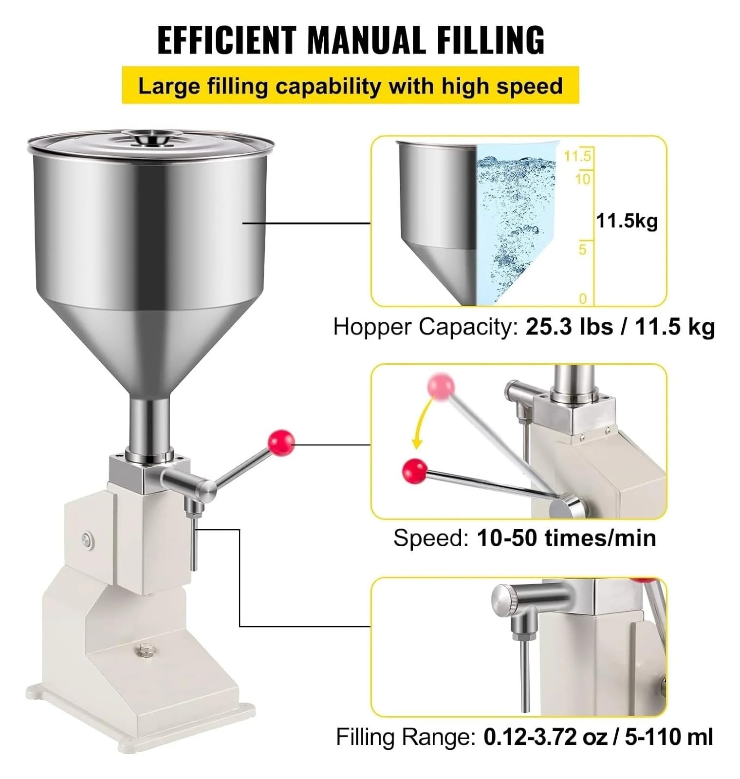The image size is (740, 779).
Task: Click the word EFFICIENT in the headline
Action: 227,40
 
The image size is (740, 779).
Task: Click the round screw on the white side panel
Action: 88,538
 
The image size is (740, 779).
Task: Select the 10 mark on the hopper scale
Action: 582,179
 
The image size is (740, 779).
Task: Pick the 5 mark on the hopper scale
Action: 583,250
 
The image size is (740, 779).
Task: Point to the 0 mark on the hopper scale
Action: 583,298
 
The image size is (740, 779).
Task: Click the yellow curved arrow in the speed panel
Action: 422,421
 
